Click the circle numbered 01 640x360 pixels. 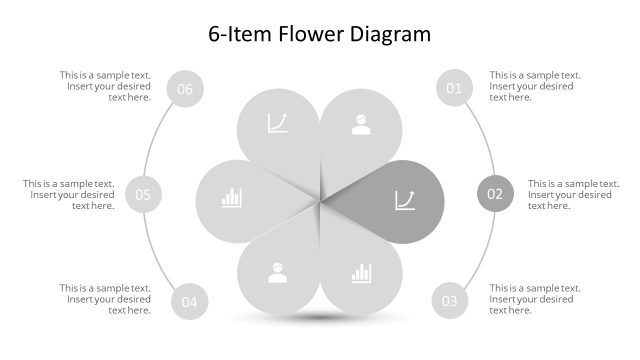coord(454,88)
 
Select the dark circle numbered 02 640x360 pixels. coord(495,194)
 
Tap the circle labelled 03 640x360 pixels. coord(450,300)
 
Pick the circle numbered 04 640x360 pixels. coord(189,300)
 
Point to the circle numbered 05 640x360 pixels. coord(143,194)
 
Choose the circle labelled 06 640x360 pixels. coord(185,89)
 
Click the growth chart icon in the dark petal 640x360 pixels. coord(405,200)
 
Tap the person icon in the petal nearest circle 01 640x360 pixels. coord(360,125)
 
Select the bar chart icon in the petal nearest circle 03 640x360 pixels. coord(361,272)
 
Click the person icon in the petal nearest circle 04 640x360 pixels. coord(277,272)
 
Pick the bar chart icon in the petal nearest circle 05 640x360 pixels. coord(232,197)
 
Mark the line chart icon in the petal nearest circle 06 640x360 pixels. coord(277,124)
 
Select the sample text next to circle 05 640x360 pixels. coord(69,194)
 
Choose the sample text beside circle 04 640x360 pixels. coord(105,299)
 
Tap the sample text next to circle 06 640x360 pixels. coord(105,86)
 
